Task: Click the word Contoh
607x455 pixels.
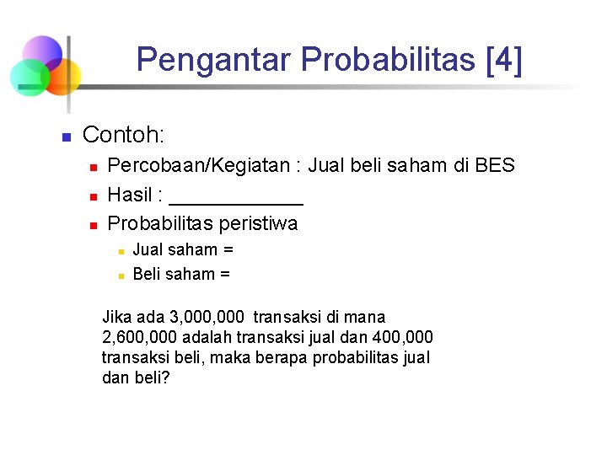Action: [123, 134]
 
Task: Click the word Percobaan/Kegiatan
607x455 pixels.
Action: [201, 166]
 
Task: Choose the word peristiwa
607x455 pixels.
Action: [258, 223]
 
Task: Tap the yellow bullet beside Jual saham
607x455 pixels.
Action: [121, 250]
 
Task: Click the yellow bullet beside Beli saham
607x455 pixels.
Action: [121, 275]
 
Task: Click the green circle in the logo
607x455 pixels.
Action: [30, 77]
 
